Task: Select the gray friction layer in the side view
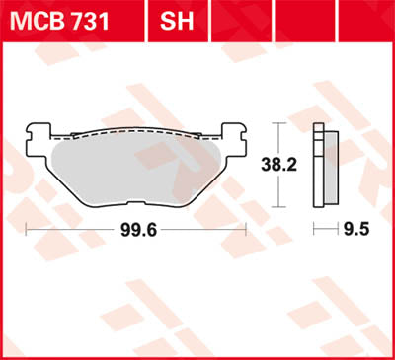[x=317, y=168]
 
